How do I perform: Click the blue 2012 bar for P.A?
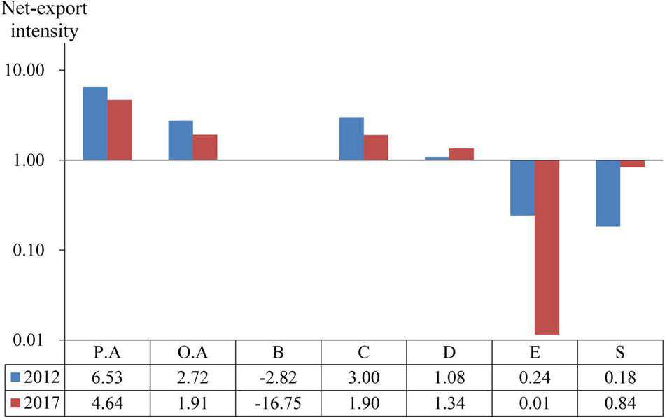pos(95,123)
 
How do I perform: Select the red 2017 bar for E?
pos(547,247)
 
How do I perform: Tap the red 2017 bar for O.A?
pos(205,147)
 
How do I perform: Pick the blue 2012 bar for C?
pos(351,139)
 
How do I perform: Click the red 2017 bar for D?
pos(461,154)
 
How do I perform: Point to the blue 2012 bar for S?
pos(608,193)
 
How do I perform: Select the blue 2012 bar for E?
pos(522,188)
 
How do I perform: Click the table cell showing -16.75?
pos(278,403)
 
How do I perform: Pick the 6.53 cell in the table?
pos(107,377)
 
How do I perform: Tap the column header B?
pos(278,352)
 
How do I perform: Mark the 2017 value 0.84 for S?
pos(619,403)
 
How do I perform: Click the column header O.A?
pos(192,352)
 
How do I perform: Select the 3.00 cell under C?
pos(363,377)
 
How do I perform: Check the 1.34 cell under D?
pos(449,403)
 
